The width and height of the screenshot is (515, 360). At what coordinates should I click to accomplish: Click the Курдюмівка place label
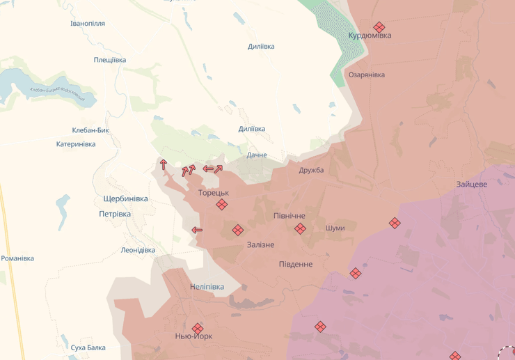pos(370,36)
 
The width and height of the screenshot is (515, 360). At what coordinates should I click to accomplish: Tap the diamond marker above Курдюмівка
pos(379,26)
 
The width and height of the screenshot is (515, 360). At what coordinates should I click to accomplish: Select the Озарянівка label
pos(367,75)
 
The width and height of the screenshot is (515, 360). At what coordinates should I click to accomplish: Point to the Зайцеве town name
pos(472,185)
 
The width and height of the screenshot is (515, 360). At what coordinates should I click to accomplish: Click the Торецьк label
pos(213,193)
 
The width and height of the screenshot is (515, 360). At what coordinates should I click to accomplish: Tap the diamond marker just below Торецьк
pos(221,204)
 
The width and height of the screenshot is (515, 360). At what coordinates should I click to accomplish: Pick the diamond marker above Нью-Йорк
pos(198,327)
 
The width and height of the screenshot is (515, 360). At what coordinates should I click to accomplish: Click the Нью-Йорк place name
pos(194,336)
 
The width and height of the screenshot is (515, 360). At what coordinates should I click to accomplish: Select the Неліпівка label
pos(207,287)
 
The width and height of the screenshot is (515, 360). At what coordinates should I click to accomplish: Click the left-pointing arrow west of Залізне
pos(197,230)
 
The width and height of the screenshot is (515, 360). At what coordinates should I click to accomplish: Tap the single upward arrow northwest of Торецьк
pos(164,164)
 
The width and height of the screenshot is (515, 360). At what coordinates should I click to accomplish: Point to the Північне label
pos(289,216)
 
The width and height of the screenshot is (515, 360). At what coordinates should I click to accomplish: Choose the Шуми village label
pos(335,228)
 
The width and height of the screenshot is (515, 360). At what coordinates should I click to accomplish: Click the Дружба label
pos(311,170)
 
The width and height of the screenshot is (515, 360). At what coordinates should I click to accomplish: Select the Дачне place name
pos(257,155)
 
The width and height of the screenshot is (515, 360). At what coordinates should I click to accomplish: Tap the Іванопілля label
pos(88,24)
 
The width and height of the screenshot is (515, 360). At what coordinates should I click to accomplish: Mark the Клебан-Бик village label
pos(90,130)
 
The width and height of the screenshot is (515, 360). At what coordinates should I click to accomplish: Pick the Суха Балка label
pos(88,347)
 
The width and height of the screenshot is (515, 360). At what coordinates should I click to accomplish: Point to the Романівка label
pos(17,258)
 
